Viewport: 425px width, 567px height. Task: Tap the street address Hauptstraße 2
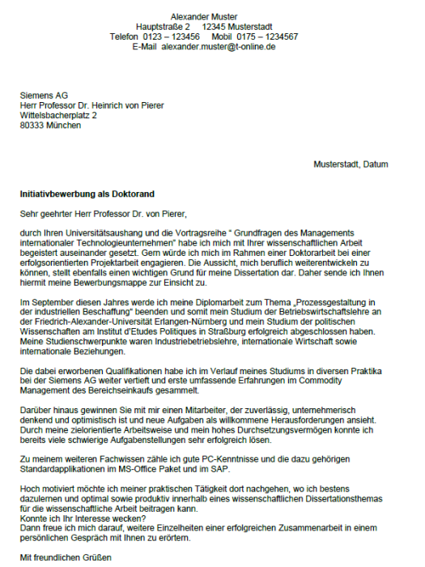163,27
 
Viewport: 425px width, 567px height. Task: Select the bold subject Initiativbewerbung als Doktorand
87,195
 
